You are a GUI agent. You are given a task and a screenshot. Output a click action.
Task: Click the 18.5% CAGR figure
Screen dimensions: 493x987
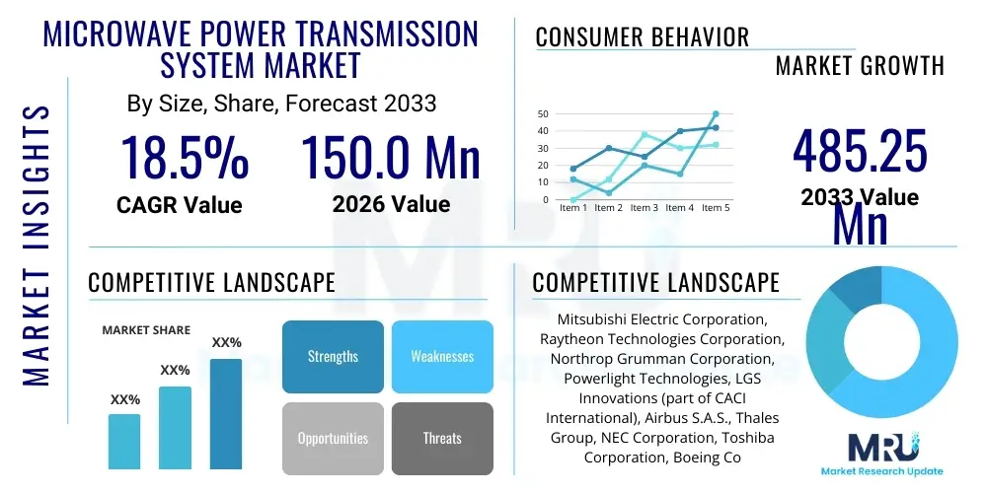184,157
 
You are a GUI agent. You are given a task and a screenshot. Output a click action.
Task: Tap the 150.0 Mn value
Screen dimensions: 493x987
390,157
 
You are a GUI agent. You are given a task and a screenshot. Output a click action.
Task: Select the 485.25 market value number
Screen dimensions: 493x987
861,153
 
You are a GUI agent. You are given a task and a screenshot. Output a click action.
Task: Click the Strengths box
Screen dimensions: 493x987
333,356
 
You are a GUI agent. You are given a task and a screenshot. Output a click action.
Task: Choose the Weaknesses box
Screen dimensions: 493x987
442,356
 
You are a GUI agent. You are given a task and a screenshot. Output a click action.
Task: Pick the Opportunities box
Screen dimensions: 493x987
333,438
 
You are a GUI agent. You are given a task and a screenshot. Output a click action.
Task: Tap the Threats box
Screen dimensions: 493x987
442,438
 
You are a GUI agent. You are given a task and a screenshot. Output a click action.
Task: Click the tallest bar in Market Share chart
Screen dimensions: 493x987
226,413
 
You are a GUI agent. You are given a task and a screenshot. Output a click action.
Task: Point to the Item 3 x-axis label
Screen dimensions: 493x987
644,208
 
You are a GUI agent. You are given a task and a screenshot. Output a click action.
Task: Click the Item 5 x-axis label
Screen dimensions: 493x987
715,208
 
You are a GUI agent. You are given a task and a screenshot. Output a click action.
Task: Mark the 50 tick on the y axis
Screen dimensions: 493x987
542,114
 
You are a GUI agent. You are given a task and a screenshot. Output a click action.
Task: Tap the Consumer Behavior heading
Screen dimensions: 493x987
642,37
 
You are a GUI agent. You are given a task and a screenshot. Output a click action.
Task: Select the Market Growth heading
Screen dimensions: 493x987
859,66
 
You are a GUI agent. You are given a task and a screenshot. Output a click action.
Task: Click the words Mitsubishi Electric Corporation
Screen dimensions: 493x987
661,319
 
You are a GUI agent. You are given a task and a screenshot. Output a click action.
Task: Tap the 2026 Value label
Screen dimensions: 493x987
391,204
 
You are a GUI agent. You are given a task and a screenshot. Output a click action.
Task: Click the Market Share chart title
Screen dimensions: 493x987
146,330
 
